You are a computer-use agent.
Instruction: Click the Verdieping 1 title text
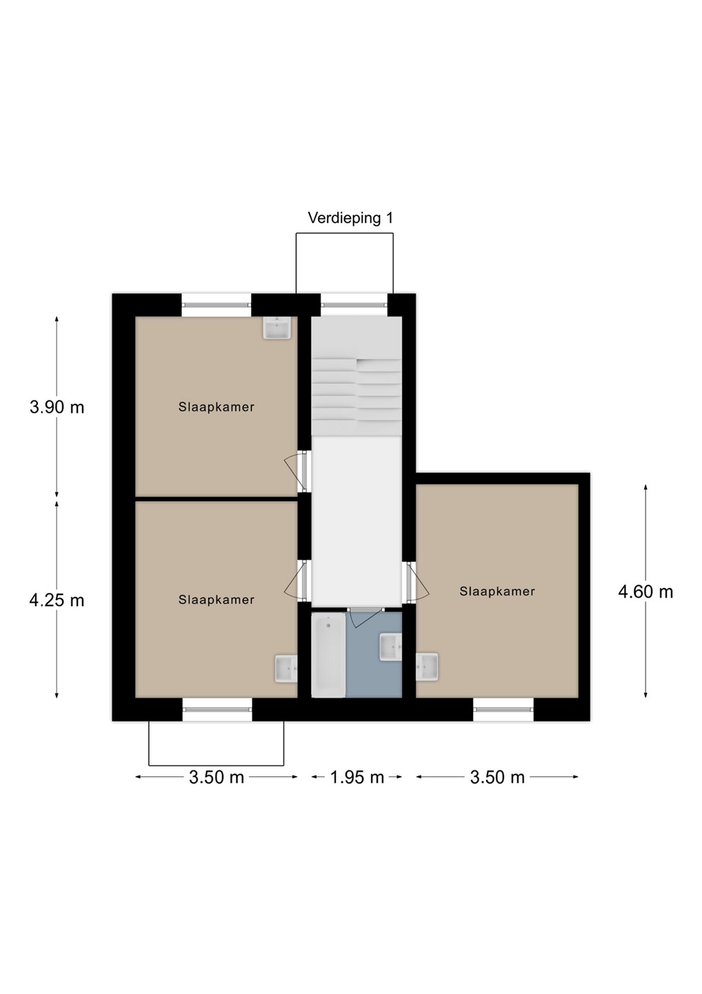350,218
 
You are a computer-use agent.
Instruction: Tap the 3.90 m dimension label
57,407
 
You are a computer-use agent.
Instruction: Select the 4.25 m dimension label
57,601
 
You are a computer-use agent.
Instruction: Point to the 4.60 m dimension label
645,592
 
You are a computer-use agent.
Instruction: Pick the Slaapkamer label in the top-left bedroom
217,407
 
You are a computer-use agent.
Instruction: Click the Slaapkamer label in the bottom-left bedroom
217,600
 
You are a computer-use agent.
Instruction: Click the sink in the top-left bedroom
277,328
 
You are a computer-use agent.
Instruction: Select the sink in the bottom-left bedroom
286,668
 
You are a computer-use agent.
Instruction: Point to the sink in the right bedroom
427,667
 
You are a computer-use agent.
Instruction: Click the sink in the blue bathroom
390,647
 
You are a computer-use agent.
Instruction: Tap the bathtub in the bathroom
328,655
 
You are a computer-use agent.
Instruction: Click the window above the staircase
354,304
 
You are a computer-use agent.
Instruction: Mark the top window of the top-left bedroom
217,304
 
